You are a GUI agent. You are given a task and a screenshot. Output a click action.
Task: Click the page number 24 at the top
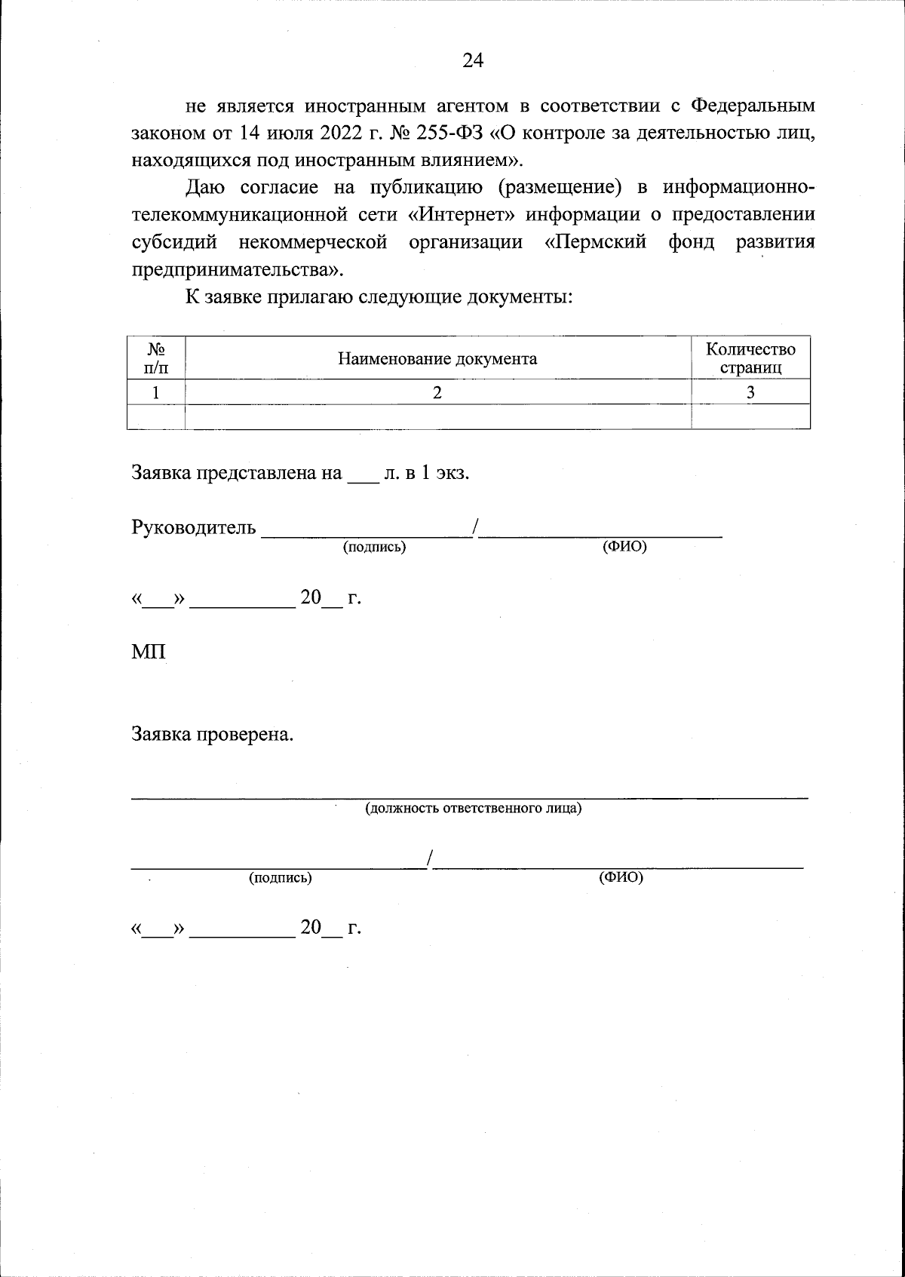click(x=473, y=60)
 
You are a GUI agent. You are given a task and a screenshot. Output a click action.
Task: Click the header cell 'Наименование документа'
click(x=437, y=358)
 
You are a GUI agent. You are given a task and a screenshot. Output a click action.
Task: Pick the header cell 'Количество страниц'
click(x=750, y=358)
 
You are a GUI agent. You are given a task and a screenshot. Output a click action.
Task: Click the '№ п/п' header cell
click(x=156, y=358)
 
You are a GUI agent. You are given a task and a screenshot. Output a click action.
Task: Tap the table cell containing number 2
click(x=437, y=392)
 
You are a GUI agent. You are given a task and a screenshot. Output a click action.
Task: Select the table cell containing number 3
click(x=750, y=392)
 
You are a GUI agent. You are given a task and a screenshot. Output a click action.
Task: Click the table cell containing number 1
click(x=156, y=392)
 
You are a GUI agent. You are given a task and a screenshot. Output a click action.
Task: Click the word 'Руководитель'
click(x=194, y=527)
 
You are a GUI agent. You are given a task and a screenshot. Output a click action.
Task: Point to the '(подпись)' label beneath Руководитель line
click(x=374, y=548)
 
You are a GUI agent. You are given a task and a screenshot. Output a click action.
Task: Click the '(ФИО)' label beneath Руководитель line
click(x=624, y=548)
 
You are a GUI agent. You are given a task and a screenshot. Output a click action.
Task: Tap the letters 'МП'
click(x=149, y=652)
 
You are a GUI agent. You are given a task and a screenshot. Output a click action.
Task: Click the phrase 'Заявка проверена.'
click(x=212, y=734)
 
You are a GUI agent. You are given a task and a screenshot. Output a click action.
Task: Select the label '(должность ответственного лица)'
click(x=474, y=809)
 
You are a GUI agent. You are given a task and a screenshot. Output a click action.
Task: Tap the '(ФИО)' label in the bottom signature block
click(x=621, y=877)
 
